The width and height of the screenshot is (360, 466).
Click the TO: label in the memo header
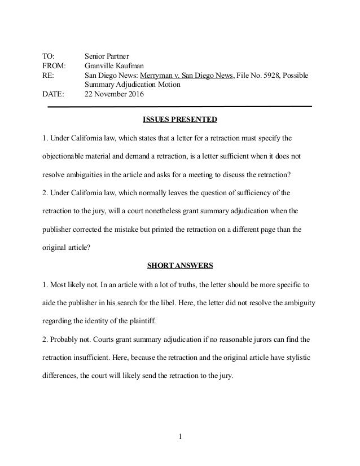pyautogui.click(x=50, y=56)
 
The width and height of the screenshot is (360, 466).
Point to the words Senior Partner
pyautogui.click(x=107, y=56)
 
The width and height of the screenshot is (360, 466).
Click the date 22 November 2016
pyautogui.click(x=115, y=94)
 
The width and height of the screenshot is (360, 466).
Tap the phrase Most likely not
pyautogui.click(x=73, y=285)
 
